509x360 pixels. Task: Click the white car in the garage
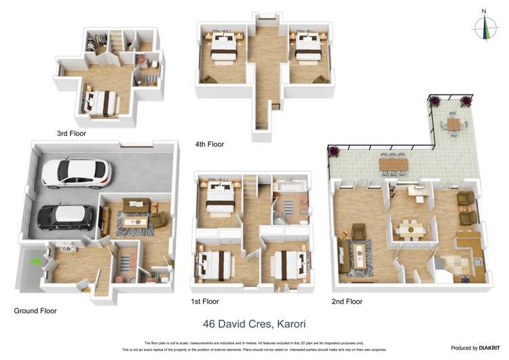75,173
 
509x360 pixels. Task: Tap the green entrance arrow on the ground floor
33,260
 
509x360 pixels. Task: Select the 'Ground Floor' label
35,310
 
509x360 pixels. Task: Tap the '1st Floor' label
204,301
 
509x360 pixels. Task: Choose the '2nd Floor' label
347,301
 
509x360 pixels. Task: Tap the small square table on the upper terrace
453,124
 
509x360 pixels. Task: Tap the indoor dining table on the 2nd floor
411,230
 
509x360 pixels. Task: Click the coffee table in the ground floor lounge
139,221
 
